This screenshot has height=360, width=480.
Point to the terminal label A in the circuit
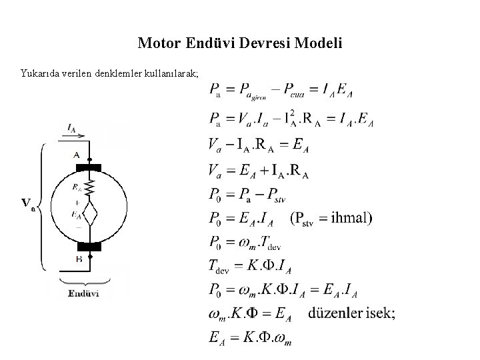(77, 155)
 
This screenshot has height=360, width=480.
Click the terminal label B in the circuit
(79, 258)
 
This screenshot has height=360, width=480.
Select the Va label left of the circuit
(29, 203)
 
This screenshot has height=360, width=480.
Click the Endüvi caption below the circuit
(85, 293)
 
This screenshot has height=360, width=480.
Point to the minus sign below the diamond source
(79, 227)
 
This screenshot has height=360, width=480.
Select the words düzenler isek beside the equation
(351, 314)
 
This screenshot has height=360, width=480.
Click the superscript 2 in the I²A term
(291, 113)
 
